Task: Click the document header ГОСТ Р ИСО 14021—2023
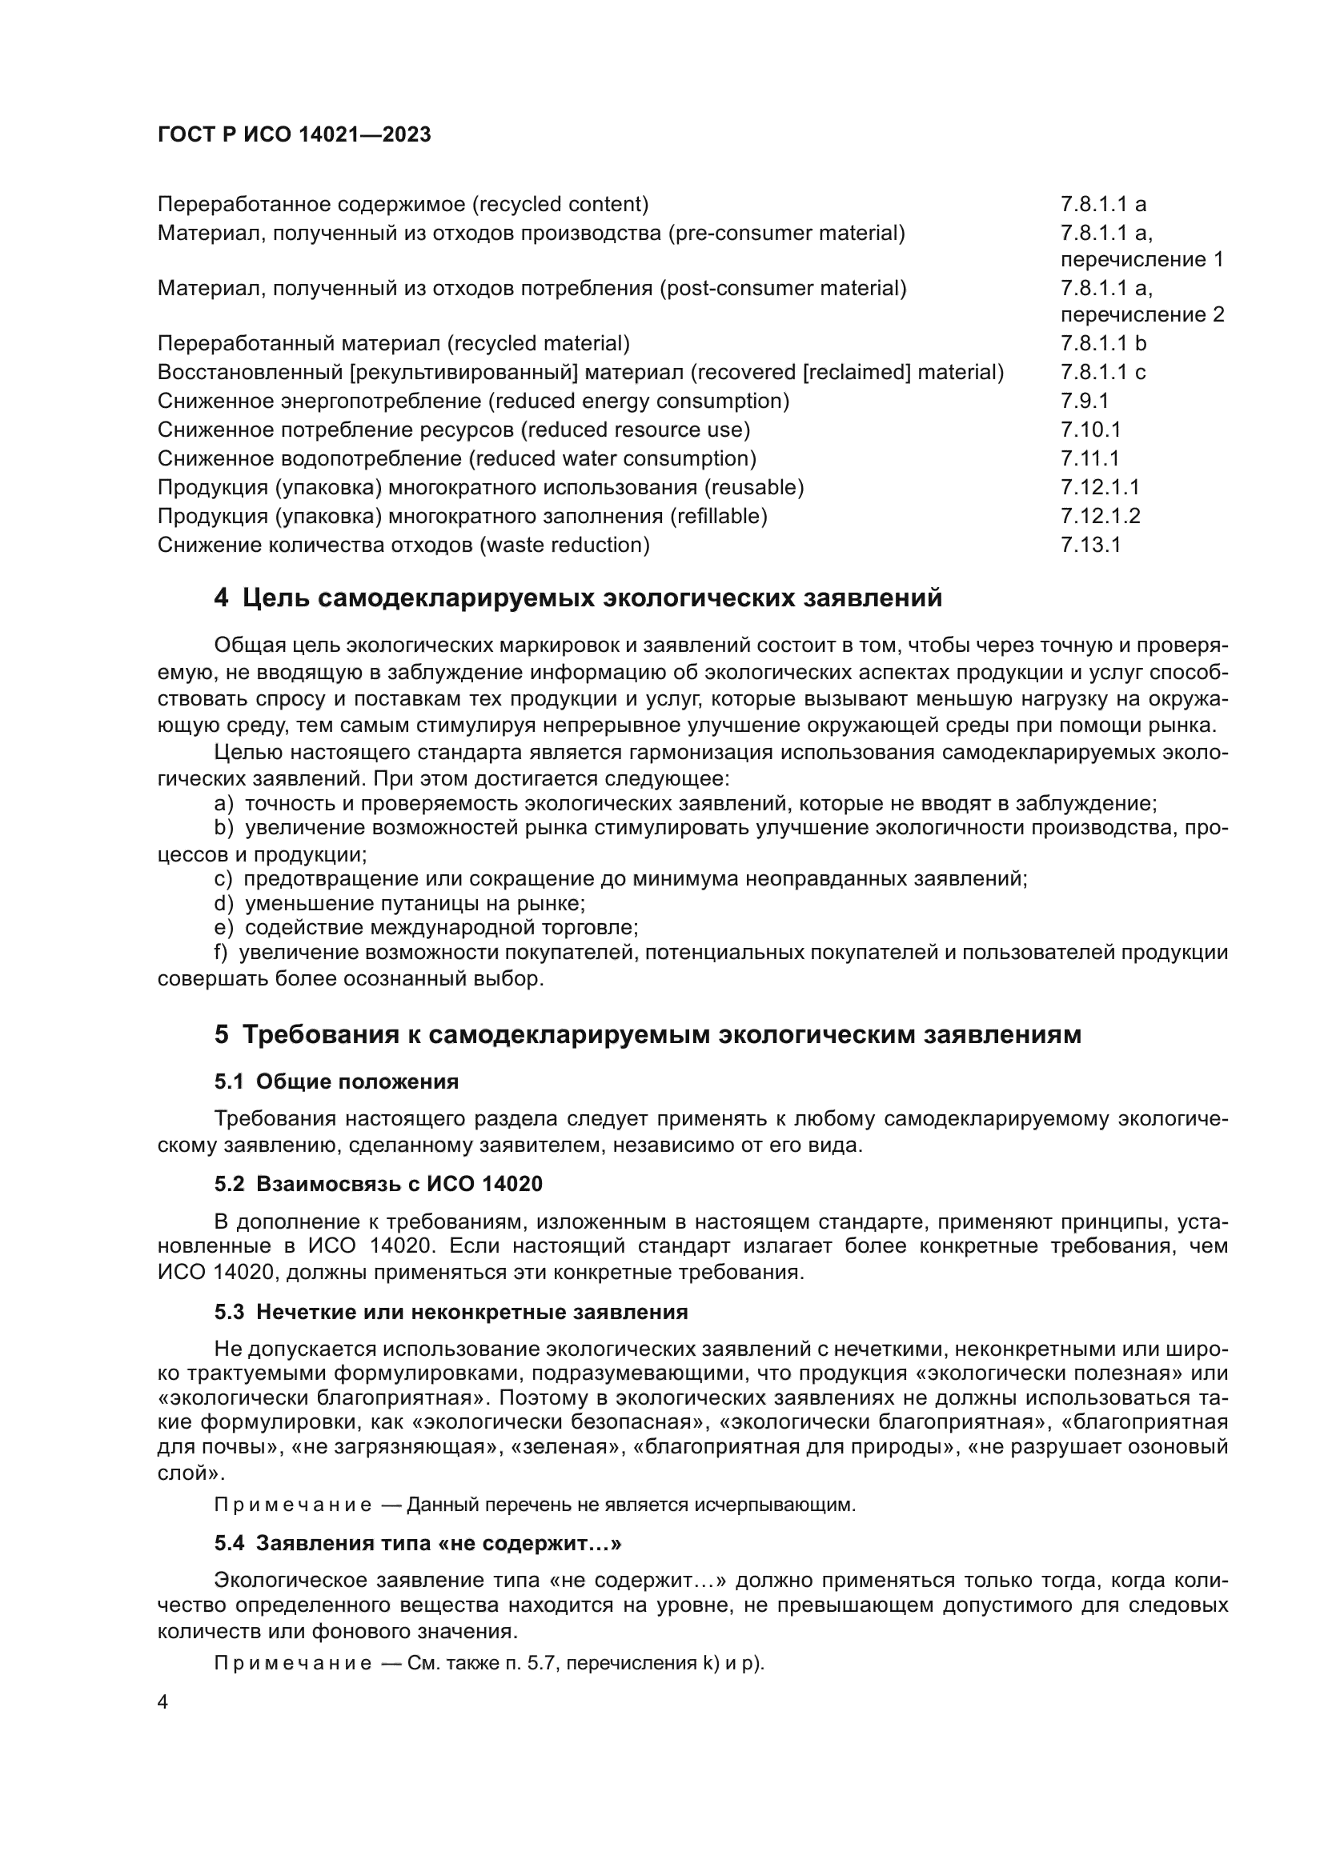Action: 294,134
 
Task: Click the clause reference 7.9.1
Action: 1085,401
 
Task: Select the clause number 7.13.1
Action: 1090,545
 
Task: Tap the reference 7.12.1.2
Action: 1100,516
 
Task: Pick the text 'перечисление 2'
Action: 1141,314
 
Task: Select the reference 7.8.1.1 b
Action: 1103,343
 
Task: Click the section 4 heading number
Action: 221,598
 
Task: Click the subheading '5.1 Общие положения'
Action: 336,1081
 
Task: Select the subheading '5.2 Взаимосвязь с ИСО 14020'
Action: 379,1183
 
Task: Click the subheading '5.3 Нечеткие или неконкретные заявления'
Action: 451,1312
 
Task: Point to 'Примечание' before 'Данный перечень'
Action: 293,1505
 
